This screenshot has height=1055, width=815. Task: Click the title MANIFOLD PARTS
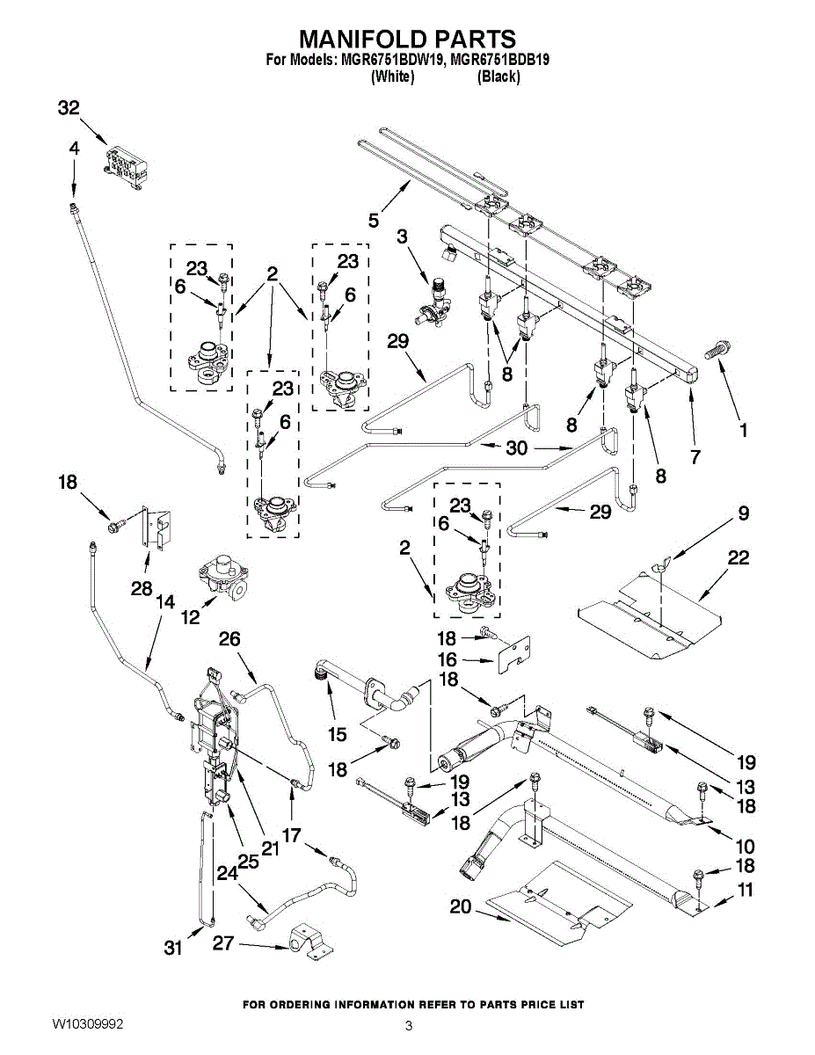(x=407, y=39)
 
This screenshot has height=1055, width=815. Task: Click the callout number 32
(x=69, y=108)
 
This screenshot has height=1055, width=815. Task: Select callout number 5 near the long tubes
(x=374, y=220)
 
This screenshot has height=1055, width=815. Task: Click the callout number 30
(x=517, y=447)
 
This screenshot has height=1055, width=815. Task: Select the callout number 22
(x=739, y=557)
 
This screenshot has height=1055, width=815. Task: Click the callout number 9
(x=743, y=513)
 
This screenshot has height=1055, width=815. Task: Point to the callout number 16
(x=448, y=659)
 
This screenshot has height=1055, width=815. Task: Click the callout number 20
(x=461, y=906)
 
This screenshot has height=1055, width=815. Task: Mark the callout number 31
(x=173, y=948)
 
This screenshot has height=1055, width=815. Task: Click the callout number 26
(x=229, y=639)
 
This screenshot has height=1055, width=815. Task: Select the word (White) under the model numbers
(x=392, y=76)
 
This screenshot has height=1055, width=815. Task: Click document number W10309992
(x=87, y=1024)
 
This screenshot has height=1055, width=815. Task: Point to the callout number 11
(x=745, y=891)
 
